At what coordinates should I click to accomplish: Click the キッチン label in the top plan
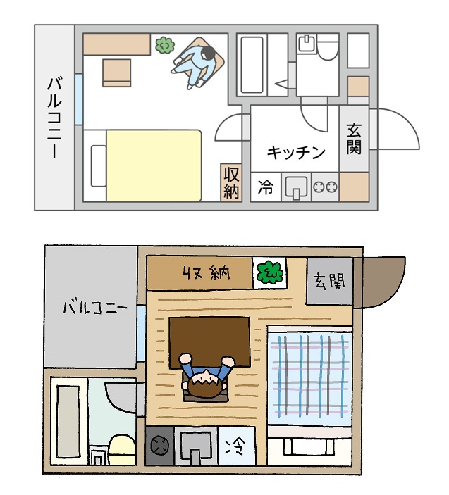(296, 153)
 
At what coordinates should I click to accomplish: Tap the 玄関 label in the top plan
(354, 139)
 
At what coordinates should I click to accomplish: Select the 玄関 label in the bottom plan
(329, 281)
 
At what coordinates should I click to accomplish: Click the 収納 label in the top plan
(231, 183)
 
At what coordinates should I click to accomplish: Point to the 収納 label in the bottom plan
(207, 273)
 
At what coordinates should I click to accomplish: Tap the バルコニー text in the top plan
(54, 117)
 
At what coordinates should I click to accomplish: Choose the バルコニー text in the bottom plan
(95, 307)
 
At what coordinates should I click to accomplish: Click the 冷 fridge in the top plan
(266, 187)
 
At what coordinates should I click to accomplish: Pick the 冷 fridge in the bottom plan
(237, 446)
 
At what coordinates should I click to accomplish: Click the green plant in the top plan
(165, 45)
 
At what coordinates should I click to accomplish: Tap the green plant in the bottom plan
(269, 272)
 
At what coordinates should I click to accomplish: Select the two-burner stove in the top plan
(325, 187)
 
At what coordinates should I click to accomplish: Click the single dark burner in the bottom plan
(160, 446)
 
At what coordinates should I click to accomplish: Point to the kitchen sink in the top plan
(296, 187)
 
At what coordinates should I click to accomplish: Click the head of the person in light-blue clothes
(208, 53)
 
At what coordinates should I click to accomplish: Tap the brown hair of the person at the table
(205, 384)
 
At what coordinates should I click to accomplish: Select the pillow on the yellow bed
(98, 166)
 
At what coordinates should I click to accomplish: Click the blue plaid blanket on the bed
(309, 376)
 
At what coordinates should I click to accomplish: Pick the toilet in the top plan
(327, 46)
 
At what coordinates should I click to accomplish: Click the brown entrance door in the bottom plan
(379, 282)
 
